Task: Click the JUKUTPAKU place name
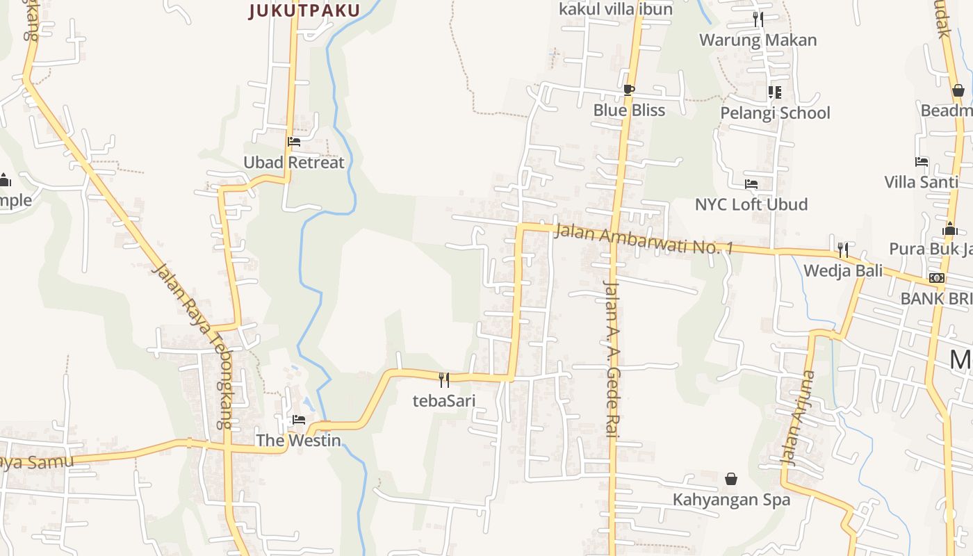(304, 10)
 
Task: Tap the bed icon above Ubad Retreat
(294, 142)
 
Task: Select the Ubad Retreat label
(293, 163)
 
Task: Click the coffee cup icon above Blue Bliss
(628, 90)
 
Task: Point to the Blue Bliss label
(629, 110)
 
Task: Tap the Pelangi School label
(775, 113)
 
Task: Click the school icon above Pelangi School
(775, 92)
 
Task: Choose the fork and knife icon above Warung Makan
(758, 19)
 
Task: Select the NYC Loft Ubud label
(751, 204)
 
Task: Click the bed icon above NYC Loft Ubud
(751, 184)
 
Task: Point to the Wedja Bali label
(843, 270)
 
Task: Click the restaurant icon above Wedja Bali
(842, 250)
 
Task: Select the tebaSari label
(444, 400)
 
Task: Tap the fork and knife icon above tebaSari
(444, 379)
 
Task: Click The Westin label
(298, 440)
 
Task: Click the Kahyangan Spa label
(731, 499)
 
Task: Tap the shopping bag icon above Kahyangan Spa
(731, 479)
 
